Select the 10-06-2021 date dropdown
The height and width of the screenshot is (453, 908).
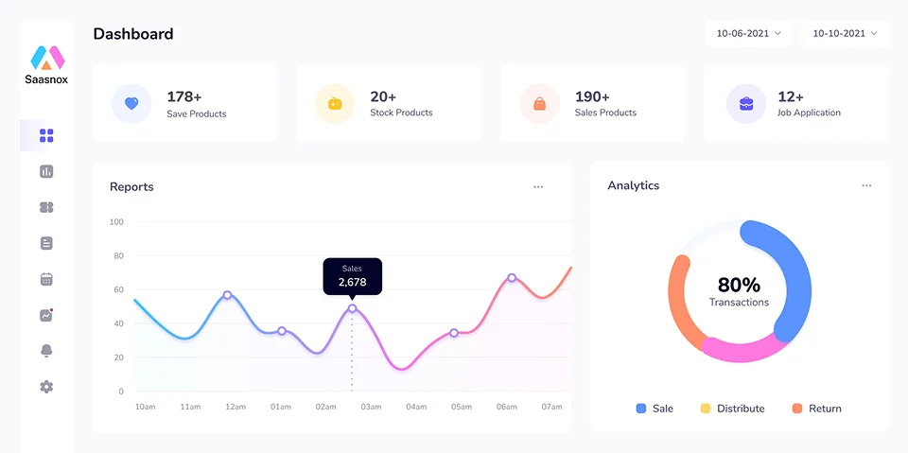pyautogui.click(x=748, y=33)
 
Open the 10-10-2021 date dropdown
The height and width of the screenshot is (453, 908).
pyautogui.click(x=845, y=33)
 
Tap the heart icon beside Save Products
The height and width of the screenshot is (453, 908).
pyautogui.click(x=131, y=104)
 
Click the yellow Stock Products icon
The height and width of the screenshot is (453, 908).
pyautogui.click(x=335, y=104)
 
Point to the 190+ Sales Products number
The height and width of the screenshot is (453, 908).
pyautogui.click(x=592, y=96)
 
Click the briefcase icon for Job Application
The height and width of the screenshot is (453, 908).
pyautogui.click(x=746, y=104)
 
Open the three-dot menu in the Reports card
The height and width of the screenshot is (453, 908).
pyautogui.click(x=538, y=187)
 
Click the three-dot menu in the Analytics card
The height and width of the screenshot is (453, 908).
pyautogui.click(x=866, y=186)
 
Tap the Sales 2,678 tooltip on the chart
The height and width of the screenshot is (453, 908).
pyautogui.click(x=352, y=276)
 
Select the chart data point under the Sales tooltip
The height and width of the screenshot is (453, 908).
pyautogui.click(x=352, y=308)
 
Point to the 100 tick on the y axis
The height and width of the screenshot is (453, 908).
pyautogui.click(x=116, y=222)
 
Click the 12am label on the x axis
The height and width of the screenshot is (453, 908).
pyautogui.click(x=236, y=407)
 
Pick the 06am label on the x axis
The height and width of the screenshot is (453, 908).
pyautogui.click(x=507, y=407)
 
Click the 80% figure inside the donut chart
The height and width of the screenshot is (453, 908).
pyautogui.click(x=739, y=285)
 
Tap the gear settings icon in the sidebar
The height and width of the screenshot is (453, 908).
pyautogui.click(x=46, y=387)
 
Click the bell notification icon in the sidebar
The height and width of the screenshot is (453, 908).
pyautogui.click(x=46, y=351)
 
